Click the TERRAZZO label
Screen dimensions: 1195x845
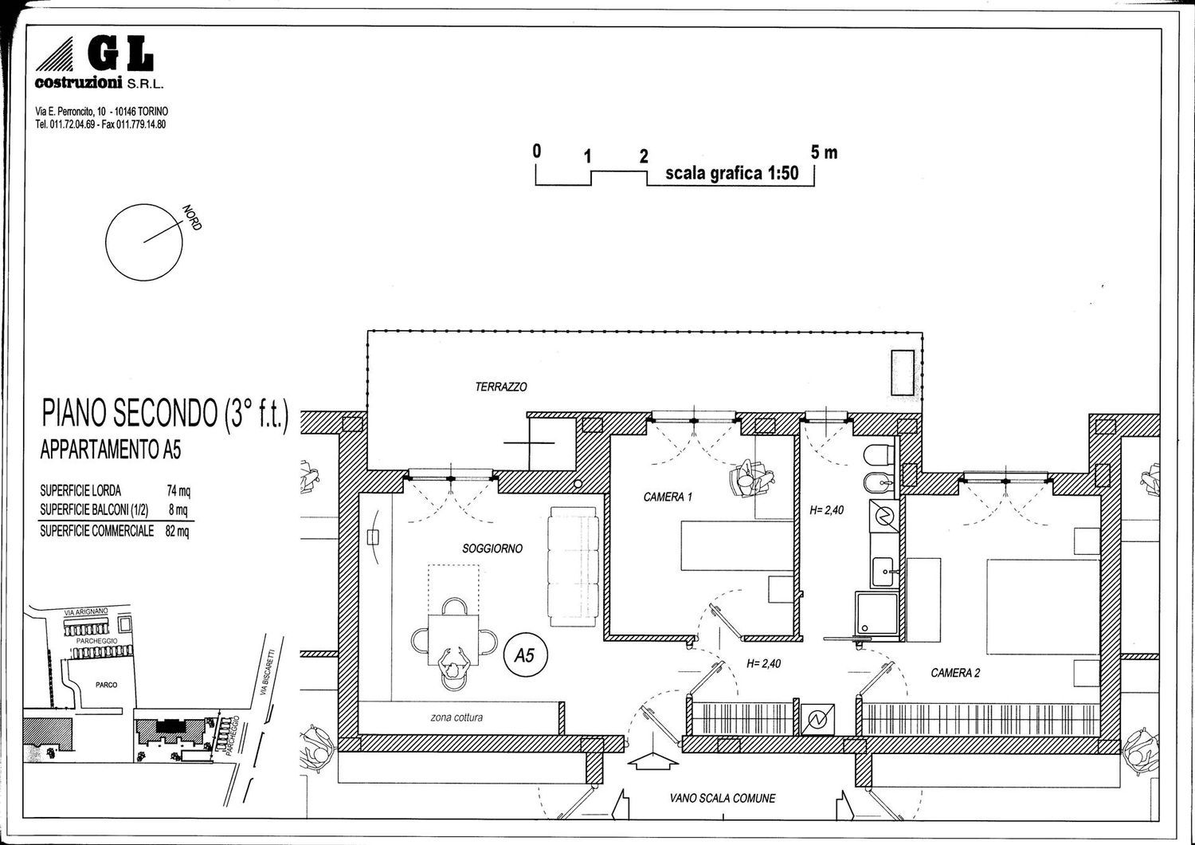point(501,387)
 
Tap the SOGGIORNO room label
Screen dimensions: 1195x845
point(492,548)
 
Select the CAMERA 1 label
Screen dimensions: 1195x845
point(668,497)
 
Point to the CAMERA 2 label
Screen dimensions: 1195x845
point(955,673)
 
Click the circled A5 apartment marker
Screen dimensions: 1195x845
point(526,655)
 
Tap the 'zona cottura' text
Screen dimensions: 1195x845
point(456,717)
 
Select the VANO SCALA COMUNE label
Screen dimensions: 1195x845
point(723,798)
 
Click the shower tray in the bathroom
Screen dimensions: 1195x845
point(876,615)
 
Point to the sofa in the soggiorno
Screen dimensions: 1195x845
point(573,567)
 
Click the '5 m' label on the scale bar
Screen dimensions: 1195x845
point(824,153)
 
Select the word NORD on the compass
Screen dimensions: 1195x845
point(192,218)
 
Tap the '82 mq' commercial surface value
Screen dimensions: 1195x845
point(177,531)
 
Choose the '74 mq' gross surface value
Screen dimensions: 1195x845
point(178,490)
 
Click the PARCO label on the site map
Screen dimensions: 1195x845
point(106,685)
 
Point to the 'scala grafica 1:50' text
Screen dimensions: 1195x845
point(732,174)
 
